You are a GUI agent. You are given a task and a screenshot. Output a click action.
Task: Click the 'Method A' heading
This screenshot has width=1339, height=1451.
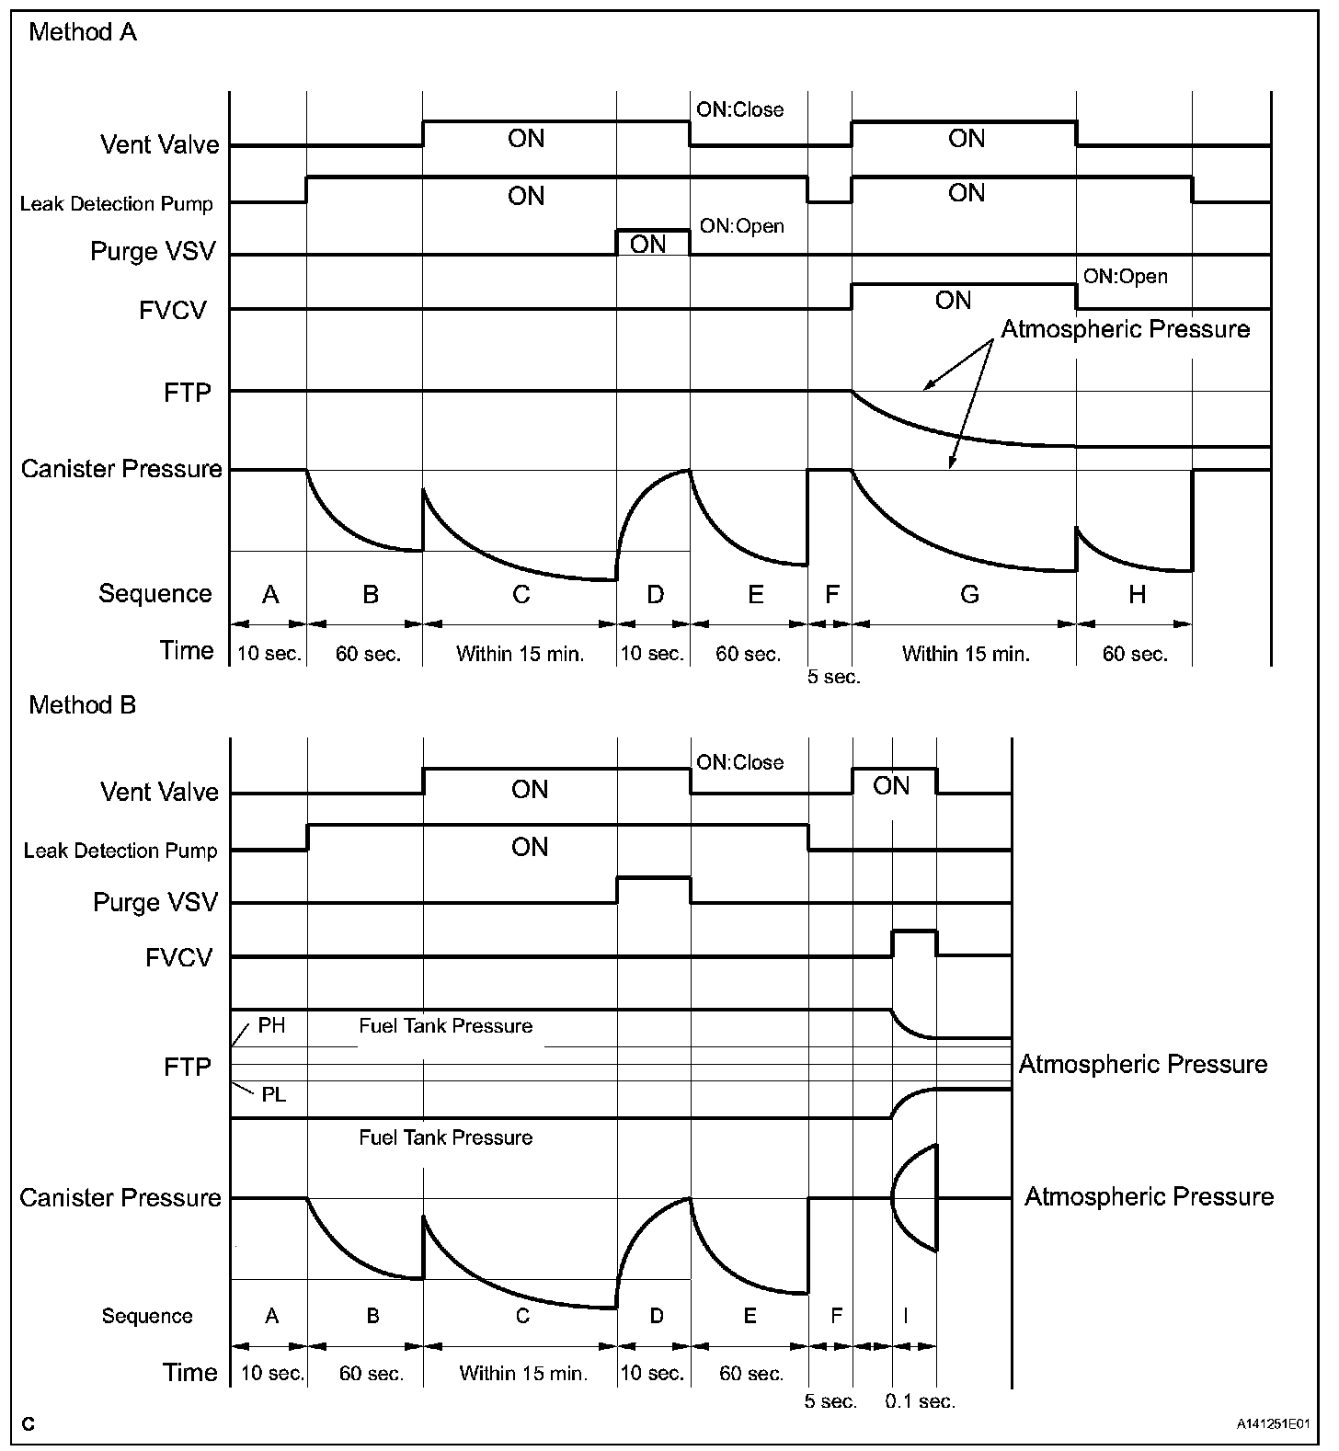click(83, 33)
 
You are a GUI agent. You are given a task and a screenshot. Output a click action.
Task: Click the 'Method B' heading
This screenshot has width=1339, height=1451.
click(83, 705)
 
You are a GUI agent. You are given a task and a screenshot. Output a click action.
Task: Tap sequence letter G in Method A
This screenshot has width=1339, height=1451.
click(969, 595)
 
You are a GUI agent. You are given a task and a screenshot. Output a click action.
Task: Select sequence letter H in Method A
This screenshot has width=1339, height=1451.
click(1137, 595)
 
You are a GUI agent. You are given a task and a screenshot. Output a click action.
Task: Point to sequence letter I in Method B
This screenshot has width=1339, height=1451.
click(905, 1316)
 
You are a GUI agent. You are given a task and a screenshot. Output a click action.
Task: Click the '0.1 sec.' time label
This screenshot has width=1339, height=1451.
click(920, 1401)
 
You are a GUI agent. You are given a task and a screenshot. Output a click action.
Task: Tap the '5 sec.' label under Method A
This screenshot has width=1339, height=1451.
click(833, 677)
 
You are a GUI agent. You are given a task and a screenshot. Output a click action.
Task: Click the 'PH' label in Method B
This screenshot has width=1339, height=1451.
click(271, 1025)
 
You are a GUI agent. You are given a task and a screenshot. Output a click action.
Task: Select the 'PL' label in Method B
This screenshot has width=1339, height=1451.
click(273, 1095)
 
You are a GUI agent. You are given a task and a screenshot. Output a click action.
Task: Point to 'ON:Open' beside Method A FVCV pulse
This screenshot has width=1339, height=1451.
click(1125, 277)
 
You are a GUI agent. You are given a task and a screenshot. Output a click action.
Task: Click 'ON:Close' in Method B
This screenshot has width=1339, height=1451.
click(739, 762)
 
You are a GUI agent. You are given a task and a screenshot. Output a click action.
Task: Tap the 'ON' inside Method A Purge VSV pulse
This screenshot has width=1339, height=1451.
click(648, 245)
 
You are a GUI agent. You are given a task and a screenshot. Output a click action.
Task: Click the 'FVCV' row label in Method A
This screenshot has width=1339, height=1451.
click(173, 310)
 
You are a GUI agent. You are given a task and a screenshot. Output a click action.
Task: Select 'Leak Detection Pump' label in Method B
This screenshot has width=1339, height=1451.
click(120, 851)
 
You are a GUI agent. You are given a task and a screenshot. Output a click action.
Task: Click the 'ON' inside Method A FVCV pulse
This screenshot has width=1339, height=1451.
click(953, 301)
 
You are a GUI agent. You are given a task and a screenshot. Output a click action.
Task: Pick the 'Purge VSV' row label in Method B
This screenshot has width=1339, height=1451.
click(155, 902)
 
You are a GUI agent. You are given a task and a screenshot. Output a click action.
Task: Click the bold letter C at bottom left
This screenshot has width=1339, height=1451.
click(29, 1424)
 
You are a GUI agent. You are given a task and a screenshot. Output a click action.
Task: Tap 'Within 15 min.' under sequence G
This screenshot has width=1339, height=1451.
click(966, 654)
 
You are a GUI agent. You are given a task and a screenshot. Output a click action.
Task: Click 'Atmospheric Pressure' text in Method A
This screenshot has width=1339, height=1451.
click(1125, 329)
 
